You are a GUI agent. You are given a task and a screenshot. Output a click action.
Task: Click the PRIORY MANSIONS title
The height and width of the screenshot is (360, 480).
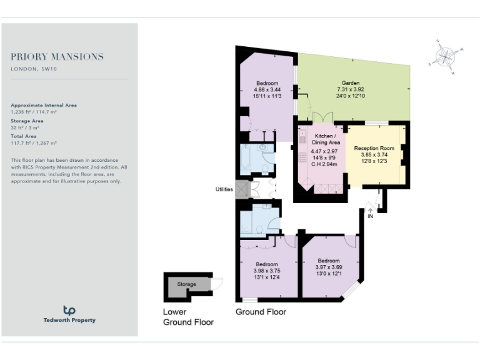tap(57, 57)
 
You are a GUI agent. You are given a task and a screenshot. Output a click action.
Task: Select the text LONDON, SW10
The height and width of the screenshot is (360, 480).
tap(34, 69)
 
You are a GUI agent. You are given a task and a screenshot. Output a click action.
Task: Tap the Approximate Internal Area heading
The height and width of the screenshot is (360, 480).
tap(44, 105)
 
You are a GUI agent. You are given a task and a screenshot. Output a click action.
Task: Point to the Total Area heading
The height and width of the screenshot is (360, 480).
tap(24, 136)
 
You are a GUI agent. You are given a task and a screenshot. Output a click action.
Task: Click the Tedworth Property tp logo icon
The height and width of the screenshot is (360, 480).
tap(69, 310)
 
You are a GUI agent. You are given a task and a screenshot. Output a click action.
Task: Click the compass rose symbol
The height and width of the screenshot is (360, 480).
tap(446, 57)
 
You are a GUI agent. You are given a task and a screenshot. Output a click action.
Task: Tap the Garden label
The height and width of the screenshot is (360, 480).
tap(350, 83)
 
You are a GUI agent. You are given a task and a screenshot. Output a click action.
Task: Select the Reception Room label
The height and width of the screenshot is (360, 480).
tap(374, 148)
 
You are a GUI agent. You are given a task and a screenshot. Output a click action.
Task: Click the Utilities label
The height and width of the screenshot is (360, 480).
tap(224, 189)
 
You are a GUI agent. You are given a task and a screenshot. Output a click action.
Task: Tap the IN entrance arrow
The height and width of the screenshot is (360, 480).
tap(370, 211)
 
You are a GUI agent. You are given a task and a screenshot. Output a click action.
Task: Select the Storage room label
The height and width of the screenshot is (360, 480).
tap(186, 284)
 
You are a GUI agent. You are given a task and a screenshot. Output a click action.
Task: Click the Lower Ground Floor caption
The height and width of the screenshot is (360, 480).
tap(188, 317)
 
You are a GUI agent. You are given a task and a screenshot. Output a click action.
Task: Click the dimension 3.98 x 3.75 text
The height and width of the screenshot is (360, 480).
tap(266, 270)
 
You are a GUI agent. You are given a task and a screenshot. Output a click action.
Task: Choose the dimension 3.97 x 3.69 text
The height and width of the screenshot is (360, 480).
tap(328, 267)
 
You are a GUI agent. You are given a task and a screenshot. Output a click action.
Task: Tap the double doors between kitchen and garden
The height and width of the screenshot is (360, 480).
tap(321, 118)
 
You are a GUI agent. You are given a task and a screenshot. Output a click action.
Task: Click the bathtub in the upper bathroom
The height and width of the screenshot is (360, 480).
tap(246, 160)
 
